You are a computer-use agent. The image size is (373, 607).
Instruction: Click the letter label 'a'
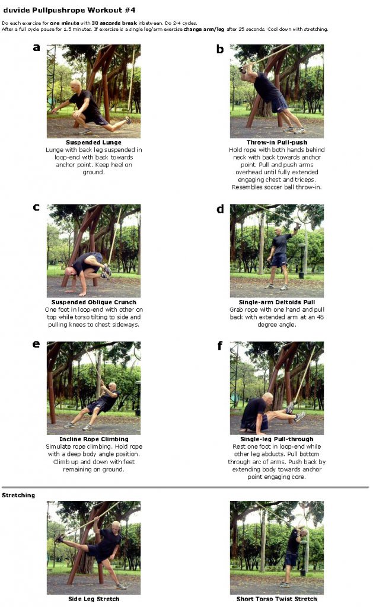pos(36,48)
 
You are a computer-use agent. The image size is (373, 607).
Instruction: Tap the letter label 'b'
pos(219,49)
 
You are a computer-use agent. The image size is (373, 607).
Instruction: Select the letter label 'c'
pos(36,207)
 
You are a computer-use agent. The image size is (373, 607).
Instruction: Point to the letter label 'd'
pos(220,209)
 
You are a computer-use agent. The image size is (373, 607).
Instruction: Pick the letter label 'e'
pos(36,344)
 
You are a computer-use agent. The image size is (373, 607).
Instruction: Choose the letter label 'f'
pos(220,345)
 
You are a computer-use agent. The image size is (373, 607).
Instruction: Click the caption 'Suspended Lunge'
pos(93,142)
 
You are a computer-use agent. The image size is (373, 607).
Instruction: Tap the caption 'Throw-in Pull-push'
pos(276,142)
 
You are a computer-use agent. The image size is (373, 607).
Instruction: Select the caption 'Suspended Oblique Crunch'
pos(93,302)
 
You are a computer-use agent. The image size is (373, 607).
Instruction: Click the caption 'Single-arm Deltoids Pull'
pos(276,302)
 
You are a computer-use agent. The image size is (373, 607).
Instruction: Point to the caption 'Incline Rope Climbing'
pos(93,439)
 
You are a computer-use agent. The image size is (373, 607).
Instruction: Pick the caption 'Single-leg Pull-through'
pos(276,439)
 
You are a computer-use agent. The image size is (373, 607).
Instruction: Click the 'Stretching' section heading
pos(18,495)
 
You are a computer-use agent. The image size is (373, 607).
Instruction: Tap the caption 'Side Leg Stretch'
pos(93,599)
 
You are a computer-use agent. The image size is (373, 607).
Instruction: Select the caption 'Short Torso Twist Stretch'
pos(276,599)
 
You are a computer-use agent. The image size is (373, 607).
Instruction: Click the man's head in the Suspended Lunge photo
pos(75,86)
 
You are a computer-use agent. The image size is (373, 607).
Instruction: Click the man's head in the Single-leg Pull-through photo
pos(267,398)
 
